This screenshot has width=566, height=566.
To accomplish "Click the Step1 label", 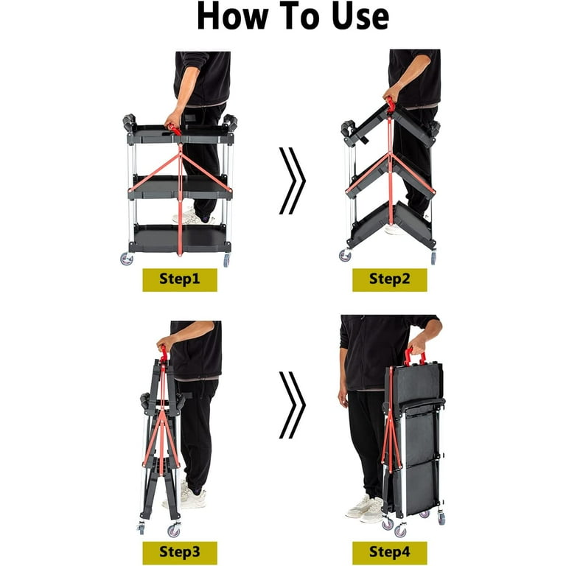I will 180,280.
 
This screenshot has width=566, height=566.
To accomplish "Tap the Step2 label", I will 389,280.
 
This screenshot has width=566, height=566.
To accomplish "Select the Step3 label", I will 180,553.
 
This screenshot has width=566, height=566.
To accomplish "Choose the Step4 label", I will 389,553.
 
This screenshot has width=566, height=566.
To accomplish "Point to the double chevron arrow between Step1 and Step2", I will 292,181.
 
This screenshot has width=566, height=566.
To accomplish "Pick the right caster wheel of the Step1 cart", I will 226,260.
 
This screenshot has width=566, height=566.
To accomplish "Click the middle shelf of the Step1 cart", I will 180,187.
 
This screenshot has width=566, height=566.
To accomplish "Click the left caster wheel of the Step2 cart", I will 345,255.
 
